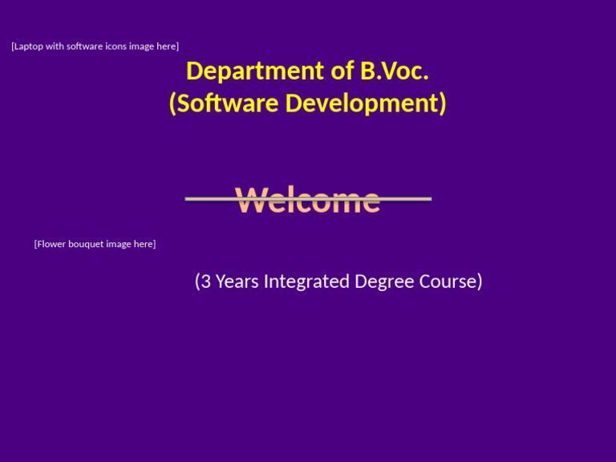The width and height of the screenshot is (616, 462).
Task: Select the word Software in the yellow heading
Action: click(229, 103)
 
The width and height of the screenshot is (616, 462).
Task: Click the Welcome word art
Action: click(308, 200)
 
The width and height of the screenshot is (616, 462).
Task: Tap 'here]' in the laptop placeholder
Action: click(167, 47)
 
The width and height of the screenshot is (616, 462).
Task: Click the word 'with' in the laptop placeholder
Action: click(55, 47)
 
